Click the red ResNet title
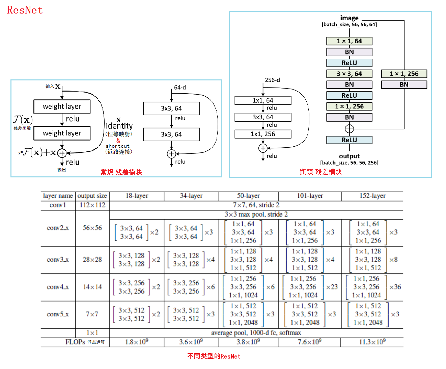(x=25, y=10)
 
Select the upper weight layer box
(x=62, y=106)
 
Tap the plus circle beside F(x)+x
(x=62, y=153)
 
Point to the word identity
(x=119, y=126)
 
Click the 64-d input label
(x=180, y=88)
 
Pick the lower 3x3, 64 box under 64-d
(x=171, y=134)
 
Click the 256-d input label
(x=272, y=80)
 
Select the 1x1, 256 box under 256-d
(x=263, y=134)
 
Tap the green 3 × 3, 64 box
(x=349, y=74)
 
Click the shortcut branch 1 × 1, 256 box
(x=404, y=74)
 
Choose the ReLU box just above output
(x=349, y=140)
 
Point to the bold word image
(x=349, y=18)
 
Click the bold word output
(x=349, y=156)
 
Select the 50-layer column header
(x=248, y=196)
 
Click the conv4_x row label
(x=58, y=287)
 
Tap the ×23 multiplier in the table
(x=332, y=287)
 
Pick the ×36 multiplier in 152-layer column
(x=395, y=287)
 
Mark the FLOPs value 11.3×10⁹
(x=372, y=342)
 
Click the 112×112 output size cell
(x=92, y=205)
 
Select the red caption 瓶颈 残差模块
(x=320, y=172)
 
